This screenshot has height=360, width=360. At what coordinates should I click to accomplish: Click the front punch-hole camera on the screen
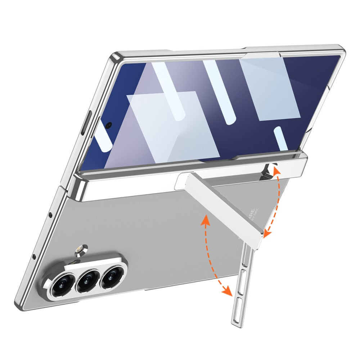click(108, 125)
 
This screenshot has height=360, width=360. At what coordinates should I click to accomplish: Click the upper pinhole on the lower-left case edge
click(50, 215)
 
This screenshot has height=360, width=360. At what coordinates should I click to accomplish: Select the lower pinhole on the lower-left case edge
click(34, 257)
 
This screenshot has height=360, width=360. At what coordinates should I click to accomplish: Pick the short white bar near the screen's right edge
click(281, 138)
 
